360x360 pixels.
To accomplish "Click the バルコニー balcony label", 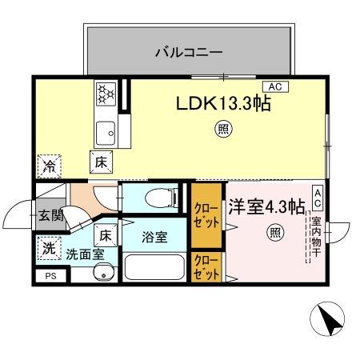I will tap(188, 53).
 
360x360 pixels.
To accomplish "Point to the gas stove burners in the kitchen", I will tap(106, 96).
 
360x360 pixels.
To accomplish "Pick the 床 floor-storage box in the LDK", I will tap(102, 161).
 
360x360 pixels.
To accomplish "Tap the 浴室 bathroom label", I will tap(154, 237).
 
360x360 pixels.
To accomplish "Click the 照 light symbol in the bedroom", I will tap(274, 234).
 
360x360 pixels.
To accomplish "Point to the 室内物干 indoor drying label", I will tap(316, 234).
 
